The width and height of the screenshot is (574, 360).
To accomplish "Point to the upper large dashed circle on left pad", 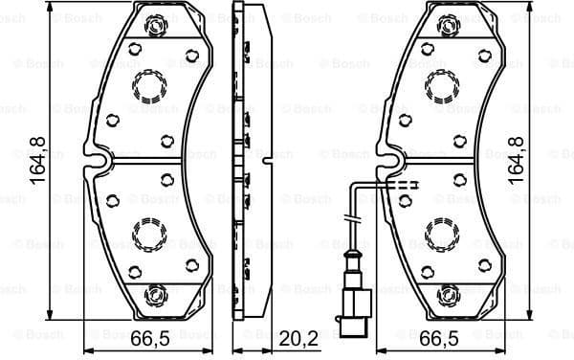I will (148, 87).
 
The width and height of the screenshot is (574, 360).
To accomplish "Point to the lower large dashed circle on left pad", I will (148, 232).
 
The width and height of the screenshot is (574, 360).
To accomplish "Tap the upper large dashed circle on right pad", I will (443, 87).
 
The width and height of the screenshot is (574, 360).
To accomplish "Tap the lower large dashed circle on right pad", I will (443, 232).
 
